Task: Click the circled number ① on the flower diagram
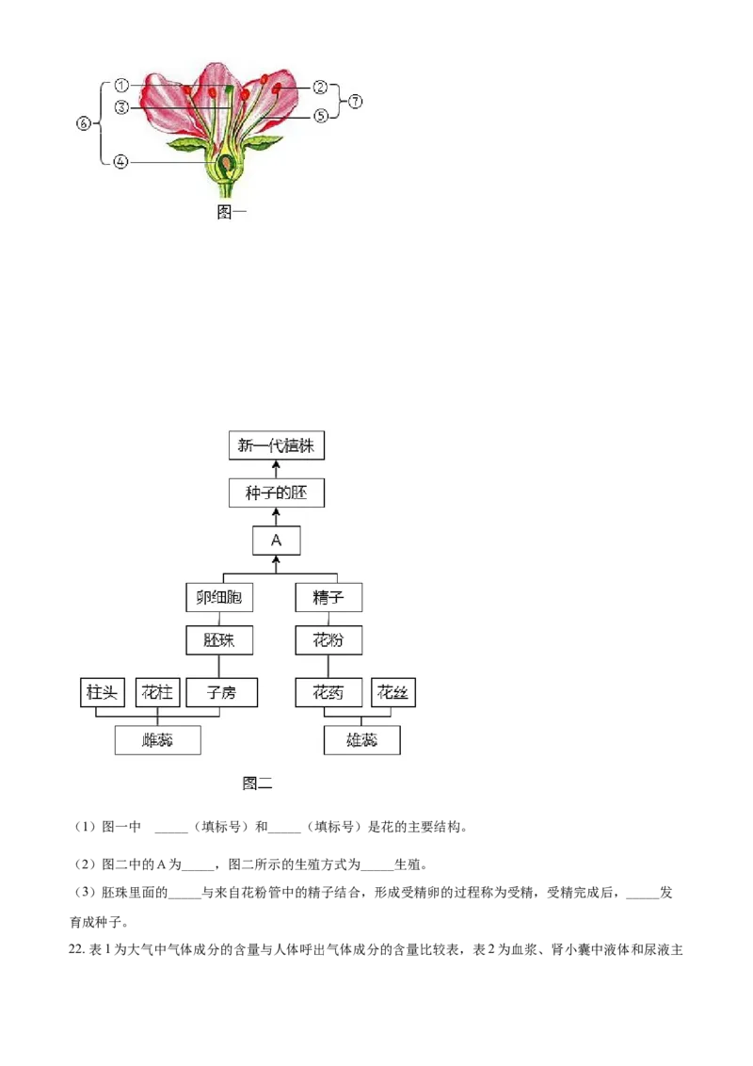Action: (121, 86)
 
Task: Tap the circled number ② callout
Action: (320, 87)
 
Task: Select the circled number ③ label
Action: (121, 106)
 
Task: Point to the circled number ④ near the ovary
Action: (120, 162)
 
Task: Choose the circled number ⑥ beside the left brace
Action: (84, 123)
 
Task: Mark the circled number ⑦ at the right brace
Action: (355, 102)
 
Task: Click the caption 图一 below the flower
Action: (231, 212)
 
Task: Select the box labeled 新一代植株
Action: (276, 445)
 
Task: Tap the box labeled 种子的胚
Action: (276, 493)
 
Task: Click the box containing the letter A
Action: (276, 541)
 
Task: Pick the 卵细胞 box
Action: (218, 598)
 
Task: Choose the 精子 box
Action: (328, 598)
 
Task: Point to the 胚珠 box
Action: (218, 639)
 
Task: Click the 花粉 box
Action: (328, 639)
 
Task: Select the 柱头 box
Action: (102, 693)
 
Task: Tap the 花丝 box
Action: (393, 693)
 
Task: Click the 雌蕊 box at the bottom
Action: (158, 740)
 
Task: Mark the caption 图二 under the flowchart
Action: (257, 783)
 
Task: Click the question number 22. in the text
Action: (76, 950)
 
